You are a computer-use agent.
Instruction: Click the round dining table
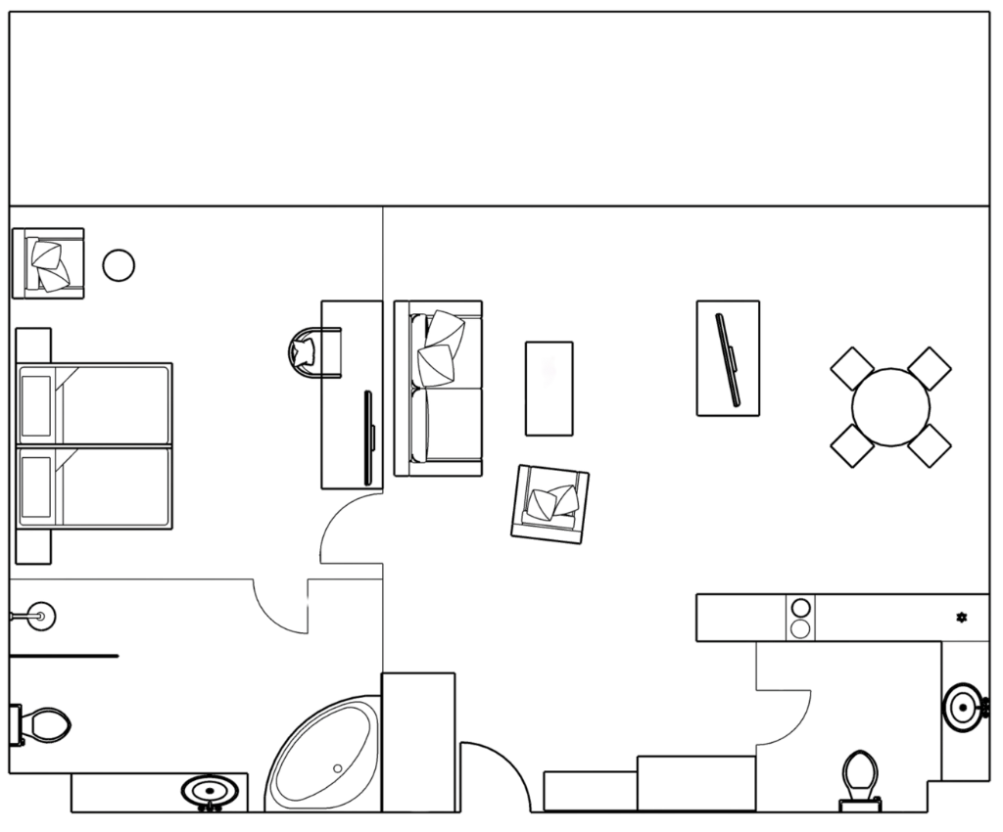891,406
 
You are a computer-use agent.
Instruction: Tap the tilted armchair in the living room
551,501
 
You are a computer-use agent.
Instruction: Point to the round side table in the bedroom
119,264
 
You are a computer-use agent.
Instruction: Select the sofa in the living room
438,389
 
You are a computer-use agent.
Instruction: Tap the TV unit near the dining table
729,358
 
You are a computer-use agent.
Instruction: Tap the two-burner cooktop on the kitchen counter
801,618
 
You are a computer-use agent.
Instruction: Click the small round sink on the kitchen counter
962,618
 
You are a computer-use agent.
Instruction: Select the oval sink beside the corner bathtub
210,790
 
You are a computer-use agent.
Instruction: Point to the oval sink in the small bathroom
964,706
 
